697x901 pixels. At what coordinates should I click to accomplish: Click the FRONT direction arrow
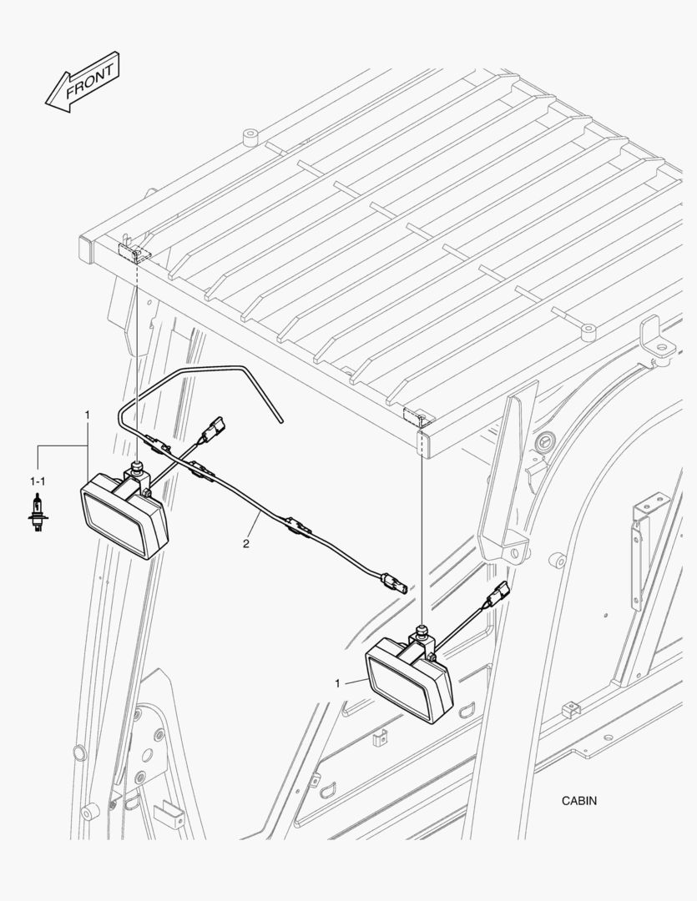tap(83, 81)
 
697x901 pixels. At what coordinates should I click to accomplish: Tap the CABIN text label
tap(579, 800)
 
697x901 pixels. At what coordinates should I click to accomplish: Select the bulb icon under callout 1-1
tap(38, 512)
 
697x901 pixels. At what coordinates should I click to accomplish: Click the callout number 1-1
tap(38, 481)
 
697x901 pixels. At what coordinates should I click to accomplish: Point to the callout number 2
tap(246, 544)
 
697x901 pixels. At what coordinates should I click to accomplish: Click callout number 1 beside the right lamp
tap(337, 683)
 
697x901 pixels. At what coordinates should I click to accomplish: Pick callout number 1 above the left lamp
tap(88, 415)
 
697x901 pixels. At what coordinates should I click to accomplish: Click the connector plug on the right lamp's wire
tap(498, 594)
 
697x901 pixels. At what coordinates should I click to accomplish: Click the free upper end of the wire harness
tap(282, 421)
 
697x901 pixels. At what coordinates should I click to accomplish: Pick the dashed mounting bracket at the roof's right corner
tap(417, 415)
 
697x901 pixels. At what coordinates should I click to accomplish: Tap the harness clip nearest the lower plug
tap(299, 526)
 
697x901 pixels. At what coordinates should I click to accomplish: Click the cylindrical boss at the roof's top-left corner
tap(250, 138)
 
